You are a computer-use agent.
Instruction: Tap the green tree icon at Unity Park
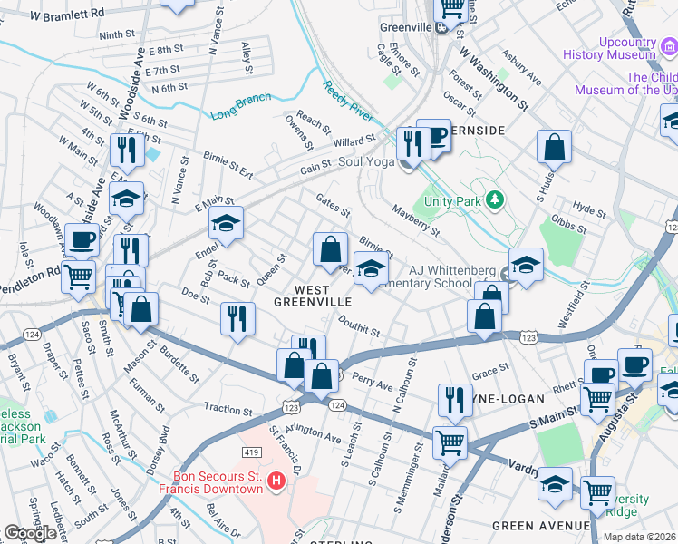[494, 199]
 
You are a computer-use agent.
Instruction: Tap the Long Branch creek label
[241, 107]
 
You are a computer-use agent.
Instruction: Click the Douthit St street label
[359, 325]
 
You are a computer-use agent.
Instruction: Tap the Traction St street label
[226, 410]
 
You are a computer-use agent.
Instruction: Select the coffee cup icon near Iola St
[82, 240]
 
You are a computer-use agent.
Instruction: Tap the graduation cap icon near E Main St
[226, 222]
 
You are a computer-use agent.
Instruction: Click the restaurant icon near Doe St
[237, 318]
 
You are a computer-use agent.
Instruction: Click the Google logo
[30, 533]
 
